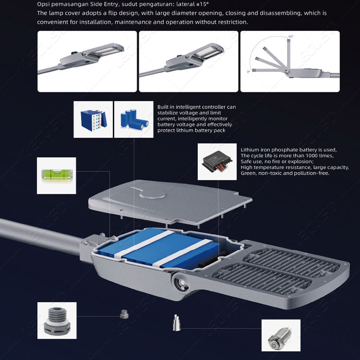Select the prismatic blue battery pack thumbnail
(x=93, y=120)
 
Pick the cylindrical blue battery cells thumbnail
(x=133, y=120)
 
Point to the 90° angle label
(x=290, y=36)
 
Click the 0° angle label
(x=248, y=72)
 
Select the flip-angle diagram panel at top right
(x=290, y=61)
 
